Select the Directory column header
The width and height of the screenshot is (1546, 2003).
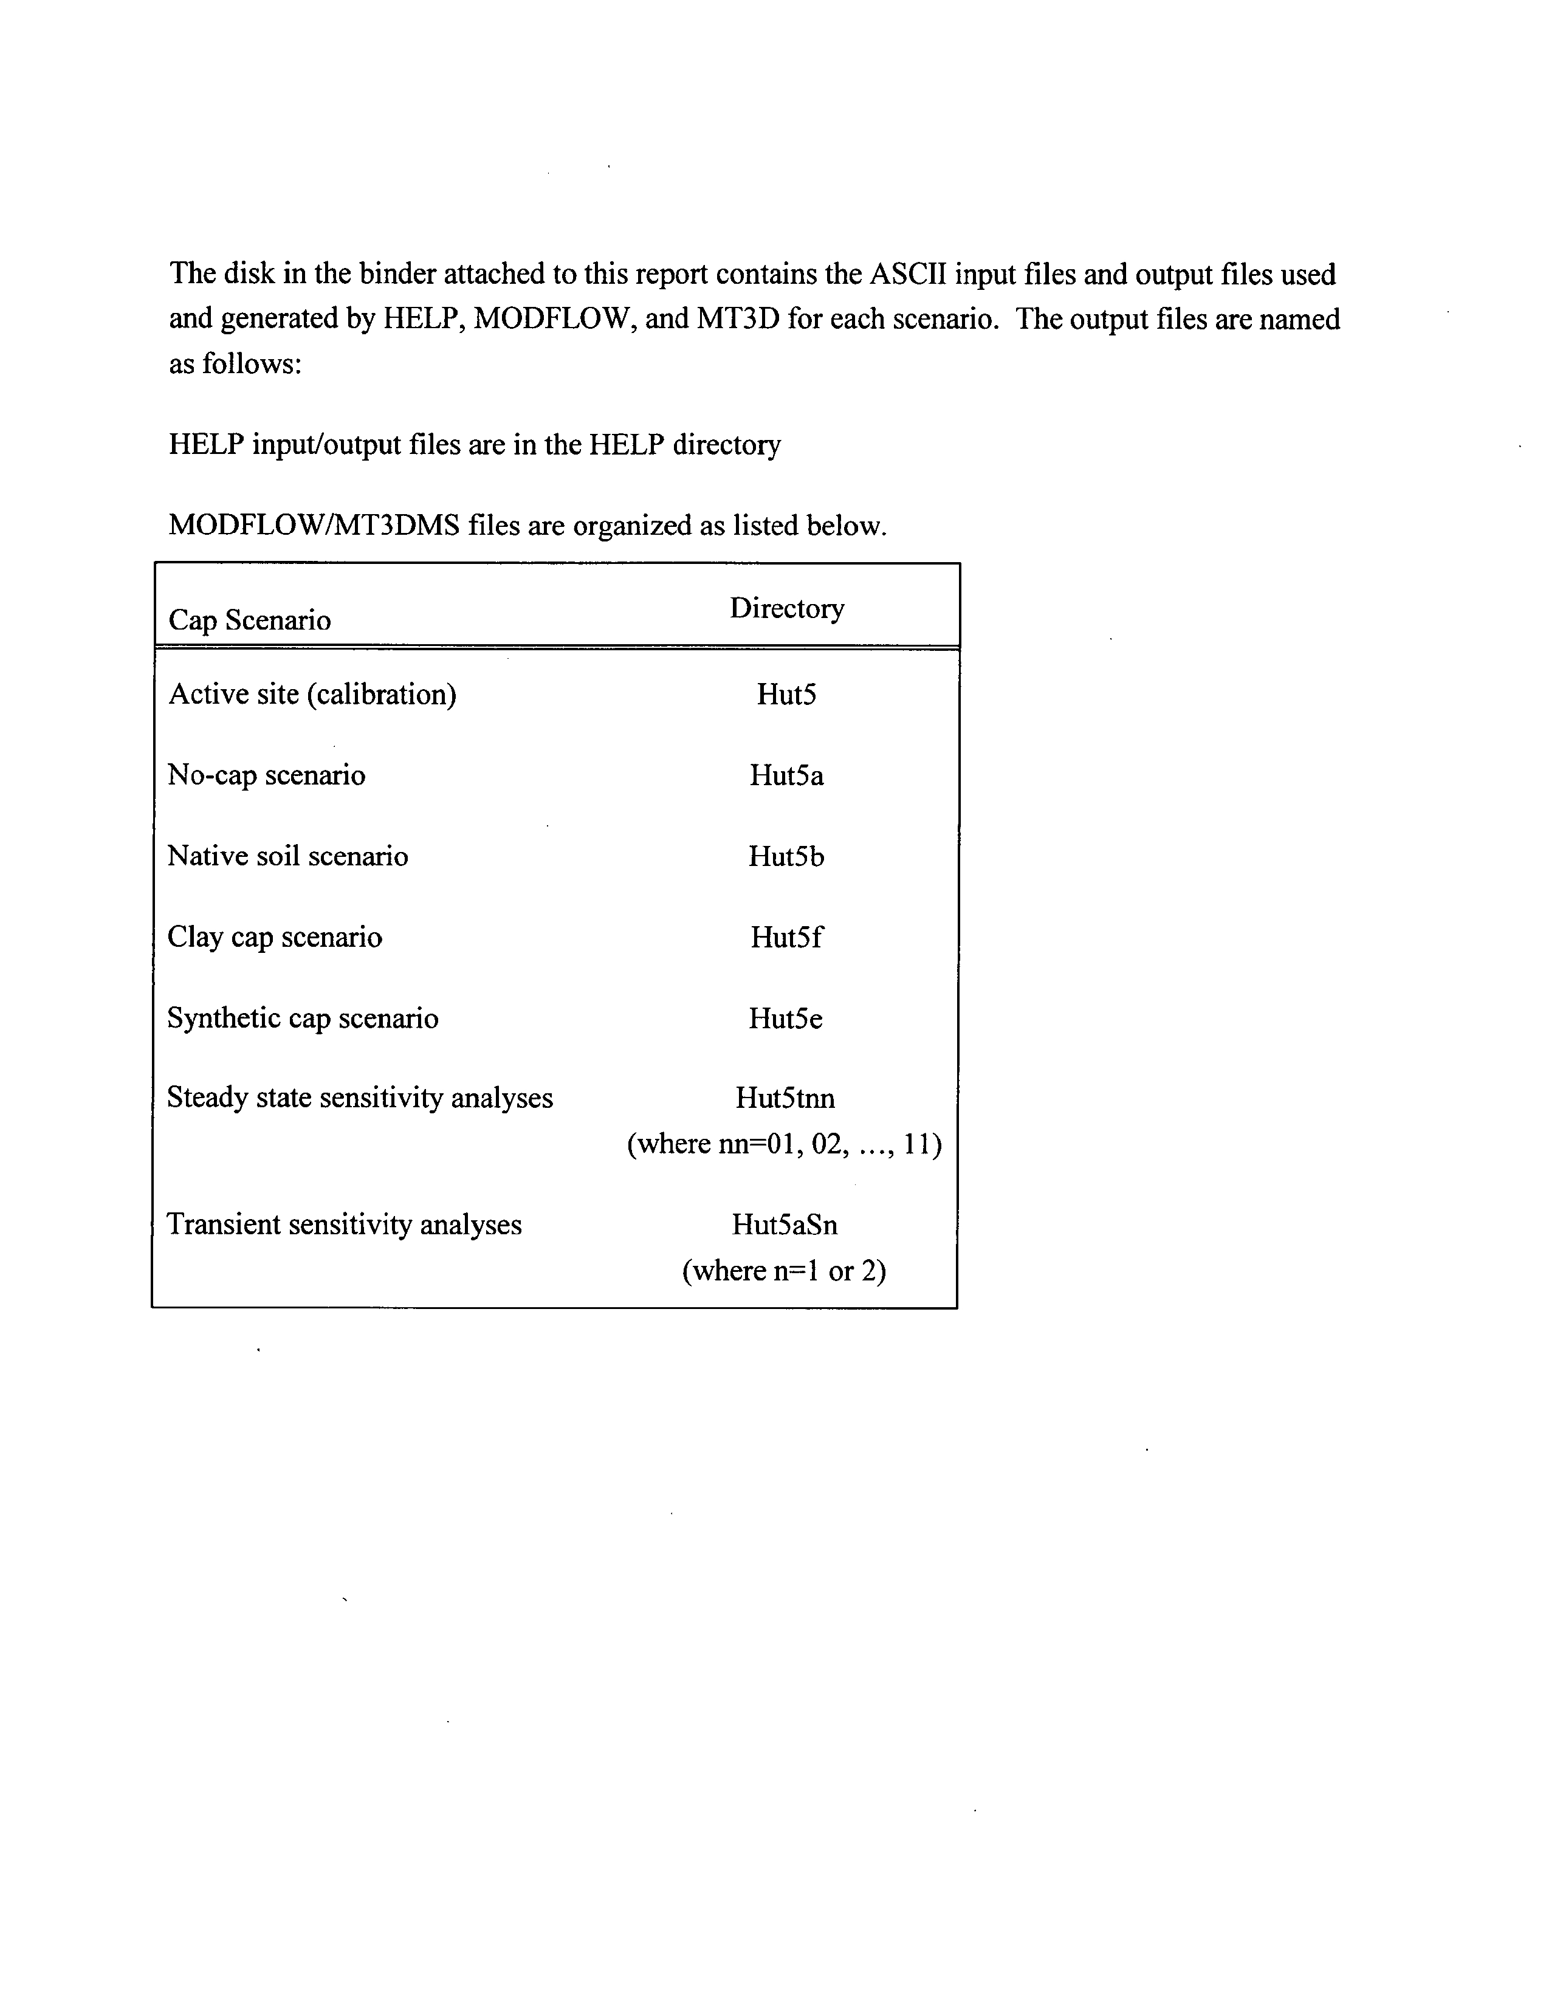(787, 608)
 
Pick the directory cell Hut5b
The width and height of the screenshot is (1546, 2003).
(786, 857)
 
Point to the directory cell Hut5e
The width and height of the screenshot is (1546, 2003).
(786, 1018)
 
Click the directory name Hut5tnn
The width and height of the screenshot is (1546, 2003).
(785, 1098)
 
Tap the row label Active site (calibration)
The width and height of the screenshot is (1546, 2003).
(312, 694)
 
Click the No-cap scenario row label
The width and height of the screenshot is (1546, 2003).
(266, 776)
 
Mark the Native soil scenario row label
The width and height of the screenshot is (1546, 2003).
(287, 857)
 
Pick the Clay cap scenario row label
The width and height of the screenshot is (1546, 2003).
(274, 937)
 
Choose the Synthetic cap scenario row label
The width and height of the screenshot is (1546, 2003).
(303, 1018)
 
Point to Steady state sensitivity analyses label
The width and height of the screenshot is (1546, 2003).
(359, 1098)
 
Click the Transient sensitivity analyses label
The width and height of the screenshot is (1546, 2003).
(344, 1225)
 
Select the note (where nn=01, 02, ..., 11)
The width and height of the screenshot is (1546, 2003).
(784, 1144)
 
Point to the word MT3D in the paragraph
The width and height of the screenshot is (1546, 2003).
(738, 319)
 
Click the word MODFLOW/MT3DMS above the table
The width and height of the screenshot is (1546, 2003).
(314, 526)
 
